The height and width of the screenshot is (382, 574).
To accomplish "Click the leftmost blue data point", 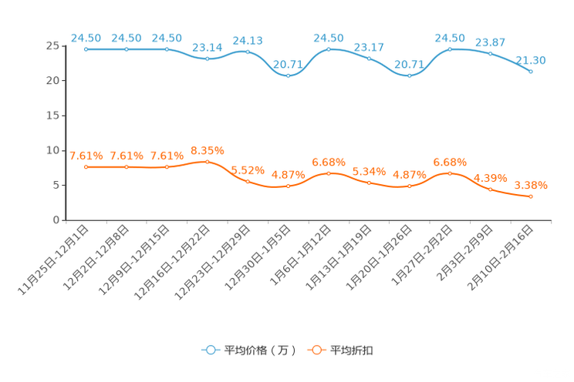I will (86, 49).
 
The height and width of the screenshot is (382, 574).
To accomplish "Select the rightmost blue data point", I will (531, 71).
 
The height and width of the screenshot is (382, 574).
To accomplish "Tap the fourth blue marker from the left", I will (207, 59).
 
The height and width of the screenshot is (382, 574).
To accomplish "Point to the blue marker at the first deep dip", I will (288, 75).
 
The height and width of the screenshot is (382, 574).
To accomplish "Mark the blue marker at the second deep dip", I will (410, 75).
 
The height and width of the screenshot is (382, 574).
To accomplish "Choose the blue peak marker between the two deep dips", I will (329, 49).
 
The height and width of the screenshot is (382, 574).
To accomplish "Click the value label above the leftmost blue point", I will (86, 37).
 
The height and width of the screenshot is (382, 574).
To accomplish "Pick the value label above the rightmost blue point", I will (531, 59).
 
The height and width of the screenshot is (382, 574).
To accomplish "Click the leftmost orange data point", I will (86, 166).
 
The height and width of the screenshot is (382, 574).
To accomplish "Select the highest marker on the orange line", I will (207, 162).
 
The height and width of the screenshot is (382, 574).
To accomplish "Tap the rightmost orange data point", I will (531, 196).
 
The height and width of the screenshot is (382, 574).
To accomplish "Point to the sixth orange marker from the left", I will (288, 186).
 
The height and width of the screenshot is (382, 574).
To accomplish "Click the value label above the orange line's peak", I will (207, 149).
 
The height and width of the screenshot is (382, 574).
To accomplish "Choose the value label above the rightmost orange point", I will (531, 184).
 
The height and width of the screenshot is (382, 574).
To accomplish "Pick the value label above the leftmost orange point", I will (86, 155).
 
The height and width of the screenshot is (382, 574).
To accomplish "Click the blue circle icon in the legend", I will (209, 350).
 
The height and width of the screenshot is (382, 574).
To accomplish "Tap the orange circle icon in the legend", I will (316, 350).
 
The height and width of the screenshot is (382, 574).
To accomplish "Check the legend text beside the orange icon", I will (352, 350).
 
